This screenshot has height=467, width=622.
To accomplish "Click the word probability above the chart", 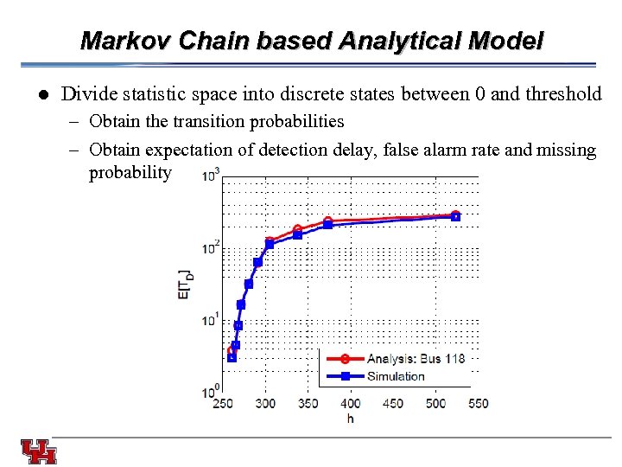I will tap(130, 173).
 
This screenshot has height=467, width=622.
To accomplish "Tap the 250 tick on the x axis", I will tap(223, 404).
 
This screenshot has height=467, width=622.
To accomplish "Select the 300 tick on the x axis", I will tap(266, 404).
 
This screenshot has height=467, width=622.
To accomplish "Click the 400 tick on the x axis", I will tap(351, 404).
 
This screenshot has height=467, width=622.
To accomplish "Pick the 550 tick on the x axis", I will tap(478, 404).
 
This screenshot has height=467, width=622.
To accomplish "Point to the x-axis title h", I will tap(350, 419).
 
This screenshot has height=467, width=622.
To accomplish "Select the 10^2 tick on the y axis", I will tap(210, 248).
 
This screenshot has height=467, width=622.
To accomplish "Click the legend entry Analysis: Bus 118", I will tap(415, 359).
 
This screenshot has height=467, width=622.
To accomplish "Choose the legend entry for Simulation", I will tap(396, 375).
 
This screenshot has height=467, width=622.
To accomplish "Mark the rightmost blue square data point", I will tap(456, 216).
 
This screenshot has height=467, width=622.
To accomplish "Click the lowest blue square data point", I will tap(232, 357).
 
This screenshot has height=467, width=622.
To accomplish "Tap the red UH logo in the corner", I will tap(39, 451).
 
